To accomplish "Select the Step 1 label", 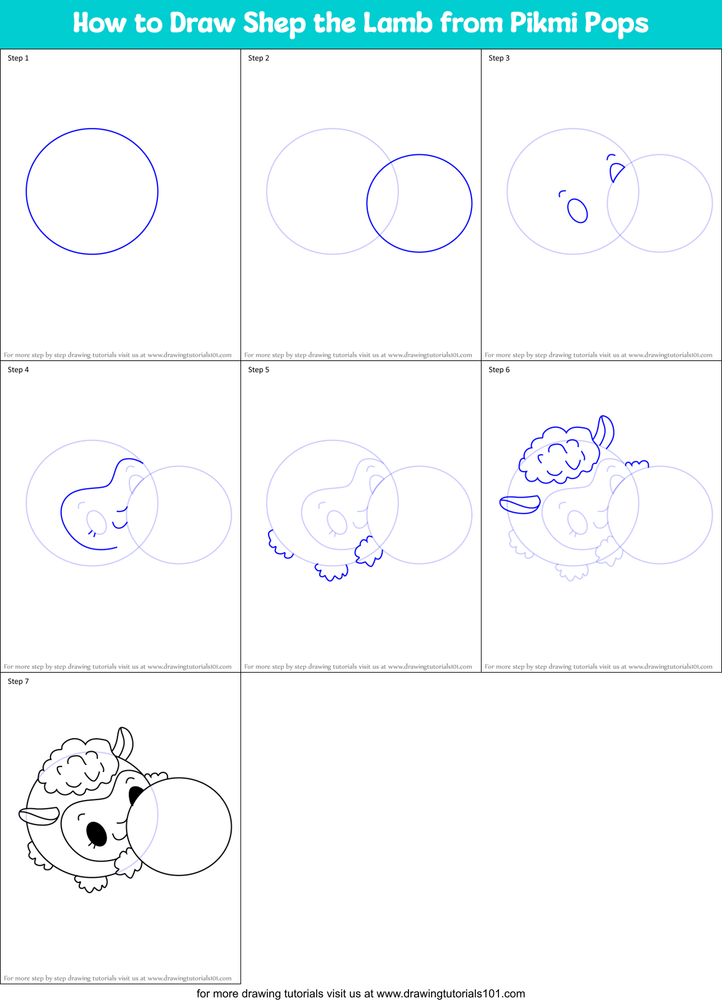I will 18,58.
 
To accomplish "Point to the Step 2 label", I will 259,58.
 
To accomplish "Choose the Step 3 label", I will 499,58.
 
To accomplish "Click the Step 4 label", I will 18,370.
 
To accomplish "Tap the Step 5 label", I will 259,370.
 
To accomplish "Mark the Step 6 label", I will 499,370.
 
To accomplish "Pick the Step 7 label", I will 18,681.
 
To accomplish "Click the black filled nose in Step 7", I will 96,833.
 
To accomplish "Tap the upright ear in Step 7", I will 124,741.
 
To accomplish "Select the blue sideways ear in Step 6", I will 520,503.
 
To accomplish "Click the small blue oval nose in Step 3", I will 578,210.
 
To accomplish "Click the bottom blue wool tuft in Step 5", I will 332,572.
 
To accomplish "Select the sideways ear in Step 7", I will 39,816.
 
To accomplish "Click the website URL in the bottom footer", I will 451,994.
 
